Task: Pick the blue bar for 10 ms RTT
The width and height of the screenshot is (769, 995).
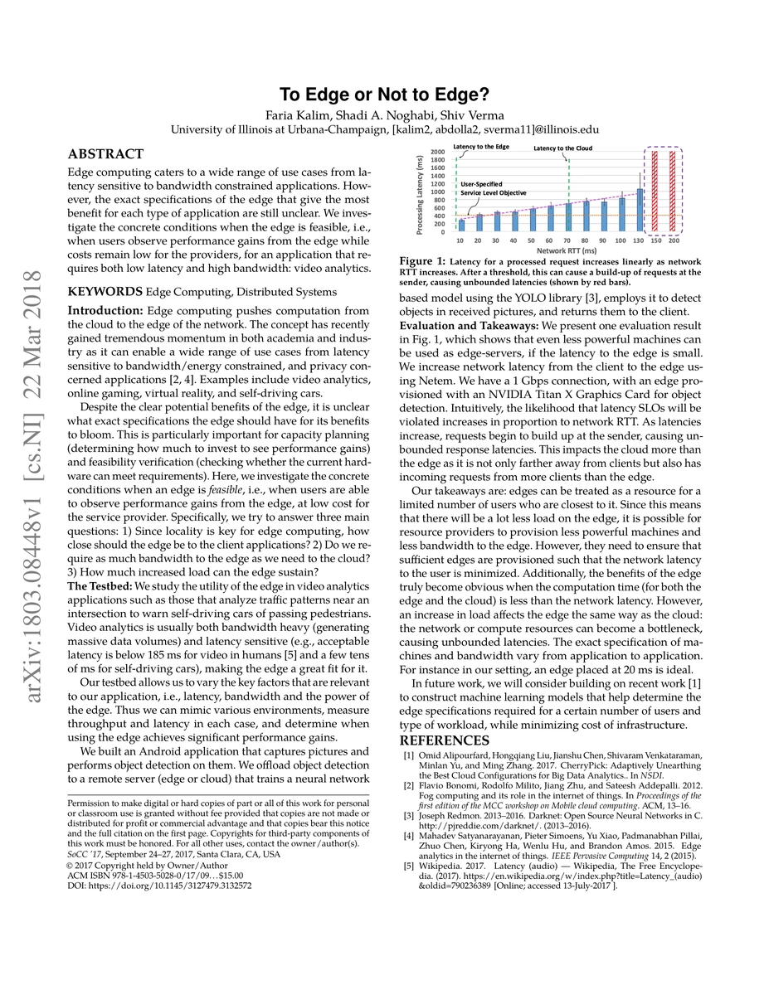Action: coord(461,225)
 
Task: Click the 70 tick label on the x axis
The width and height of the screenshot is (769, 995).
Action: coord(568,240)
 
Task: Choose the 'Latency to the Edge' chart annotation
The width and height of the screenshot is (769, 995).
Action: coord(481,146)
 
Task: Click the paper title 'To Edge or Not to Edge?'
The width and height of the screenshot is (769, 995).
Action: coord(384,94)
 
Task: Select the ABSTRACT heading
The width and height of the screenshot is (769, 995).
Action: coord(105,154)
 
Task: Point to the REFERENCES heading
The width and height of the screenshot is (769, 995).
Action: coord(445,740)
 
